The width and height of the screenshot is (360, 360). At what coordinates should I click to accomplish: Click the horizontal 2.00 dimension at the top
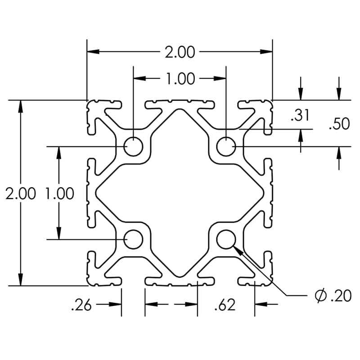point(180,52)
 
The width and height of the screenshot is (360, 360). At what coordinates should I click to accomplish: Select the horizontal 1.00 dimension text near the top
point(180,79)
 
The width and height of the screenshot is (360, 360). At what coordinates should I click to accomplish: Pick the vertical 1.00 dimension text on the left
point(59,194)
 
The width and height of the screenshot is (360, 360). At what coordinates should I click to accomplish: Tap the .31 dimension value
point(300,116)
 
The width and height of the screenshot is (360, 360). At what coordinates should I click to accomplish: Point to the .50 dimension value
point(338,124)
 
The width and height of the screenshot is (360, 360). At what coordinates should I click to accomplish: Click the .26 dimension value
point(81,306)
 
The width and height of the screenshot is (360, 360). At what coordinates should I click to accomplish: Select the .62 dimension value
point(225,306)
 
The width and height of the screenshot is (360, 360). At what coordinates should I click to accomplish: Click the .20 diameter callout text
point(340,296)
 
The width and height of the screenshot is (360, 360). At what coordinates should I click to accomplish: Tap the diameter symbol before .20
point(320,296)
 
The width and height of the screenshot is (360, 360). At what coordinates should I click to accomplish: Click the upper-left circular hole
point(133,147)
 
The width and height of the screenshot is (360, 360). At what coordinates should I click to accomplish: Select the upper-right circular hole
point(225,147)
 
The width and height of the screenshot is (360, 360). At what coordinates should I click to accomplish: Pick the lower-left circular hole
point(133,239)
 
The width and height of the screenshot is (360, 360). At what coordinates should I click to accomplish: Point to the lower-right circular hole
point(225,239)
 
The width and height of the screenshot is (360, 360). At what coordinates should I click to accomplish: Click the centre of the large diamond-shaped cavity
point(180,193)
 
